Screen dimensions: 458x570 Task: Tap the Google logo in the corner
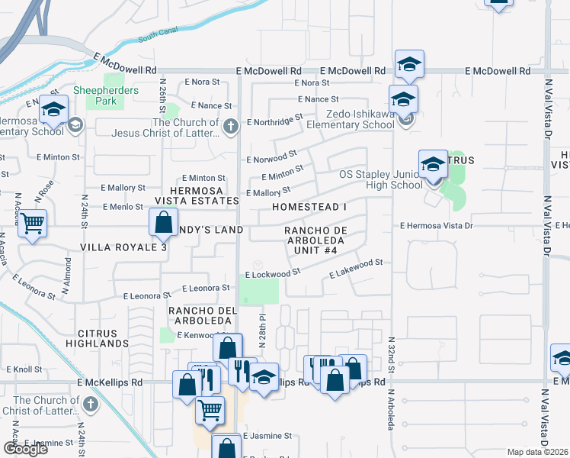pyautogui.click(x=25, y=449)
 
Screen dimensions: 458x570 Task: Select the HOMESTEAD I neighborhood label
pyautogui.click(x=309, y=207)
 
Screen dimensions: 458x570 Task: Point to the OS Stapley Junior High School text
pyautogui.click(x=380, y=179)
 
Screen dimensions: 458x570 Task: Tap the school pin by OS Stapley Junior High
pyautogui.click(x=432, y=166)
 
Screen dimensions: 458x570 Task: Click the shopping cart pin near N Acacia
pyautogui.click(x=32, y=224)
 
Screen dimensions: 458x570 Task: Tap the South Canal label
pyautogui.click(x=157, y=36)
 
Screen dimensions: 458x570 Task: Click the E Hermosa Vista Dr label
pyautogui.click(x=437, y=225)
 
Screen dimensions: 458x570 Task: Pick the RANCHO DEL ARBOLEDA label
pyautogui.click(x=200, y=315)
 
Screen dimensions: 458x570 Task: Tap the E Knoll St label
pyautogui.click(x=27, y=369)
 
